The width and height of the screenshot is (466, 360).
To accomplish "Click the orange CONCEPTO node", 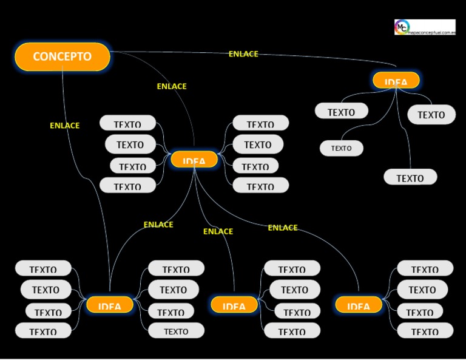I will tap(62, 56).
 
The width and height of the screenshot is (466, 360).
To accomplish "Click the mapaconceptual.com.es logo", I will tap(424, 27).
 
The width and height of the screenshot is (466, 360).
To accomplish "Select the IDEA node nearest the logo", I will tap(396, 81).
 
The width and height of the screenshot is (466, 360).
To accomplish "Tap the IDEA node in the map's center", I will tap(194, 160).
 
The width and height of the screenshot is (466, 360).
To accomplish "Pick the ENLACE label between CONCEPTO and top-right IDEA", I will tap(243, 54).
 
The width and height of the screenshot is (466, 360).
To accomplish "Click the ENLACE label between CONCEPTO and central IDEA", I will tap(172, 86).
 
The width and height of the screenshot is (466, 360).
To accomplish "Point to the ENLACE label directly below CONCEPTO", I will tap(64, 126).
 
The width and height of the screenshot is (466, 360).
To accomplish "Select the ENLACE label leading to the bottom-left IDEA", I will tap(158, 225).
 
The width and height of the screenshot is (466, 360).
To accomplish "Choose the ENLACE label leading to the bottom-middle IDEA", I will tap(218, 231).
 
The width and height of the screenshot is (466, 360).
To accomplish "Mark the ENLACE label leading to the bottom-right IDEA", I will tap(283, 228).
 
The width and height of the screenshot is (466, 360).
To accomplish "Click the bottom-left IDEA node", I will tap(110, 305).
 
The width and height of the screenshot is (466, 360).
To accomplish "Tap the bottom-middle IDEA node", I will tap(234, 305).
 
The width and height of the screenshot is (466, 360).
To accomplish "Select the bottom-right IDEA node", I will tap(359, 305).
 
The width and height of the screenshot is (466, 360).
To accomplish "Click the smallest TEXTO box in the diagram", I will tap(342, 148).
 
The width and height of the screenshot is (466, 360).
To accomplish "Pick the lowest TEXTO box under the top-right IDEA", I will tap(410, 177).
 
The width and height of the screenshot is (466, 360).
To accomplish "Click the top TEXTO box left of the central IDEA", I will tap(127, 123).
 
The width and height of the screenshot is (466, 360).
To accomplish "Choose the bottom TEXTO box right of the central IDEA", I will tap(260, 186).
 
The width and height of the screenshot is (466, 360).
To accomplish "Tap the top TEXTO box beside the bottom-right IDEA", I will tap(425, 268).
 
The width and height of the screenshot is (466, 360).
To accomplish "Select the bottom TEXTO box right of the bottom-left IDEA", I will tap(176, 331).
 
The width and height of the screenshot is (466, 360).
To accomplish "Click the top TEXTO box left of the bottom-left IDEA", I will tap(43, 268).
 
